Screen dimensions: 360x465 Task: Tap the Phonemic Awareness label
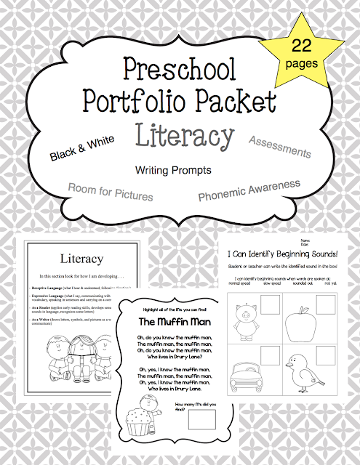click(x=249, y=190)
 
